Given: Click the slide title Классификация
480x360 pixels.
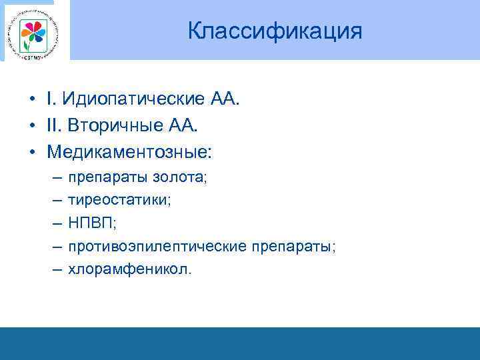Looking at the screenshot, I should [x=275, y=31].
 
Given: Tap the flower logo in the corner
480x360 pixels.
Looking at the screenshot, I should [x=35, y=33].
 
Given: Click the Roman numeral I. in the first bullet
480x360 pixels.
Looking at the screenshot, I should [x=51, y=99].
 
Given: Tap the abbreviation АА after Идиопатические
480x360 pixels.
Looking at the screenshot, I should [x=224, y=99].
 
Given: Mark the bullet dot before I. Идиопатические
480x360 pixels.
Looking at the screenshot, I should [x=32, y=100].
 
